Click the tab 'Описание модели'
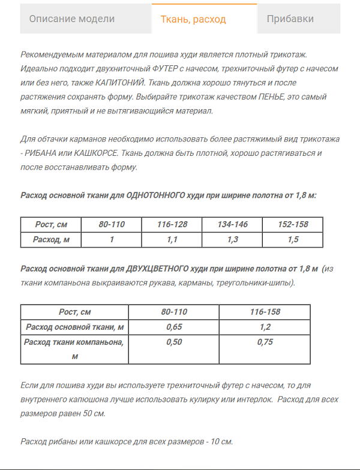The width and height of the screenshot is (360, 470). point(71,19)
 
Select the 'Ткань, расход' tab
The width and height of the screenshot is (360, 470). point(193,19)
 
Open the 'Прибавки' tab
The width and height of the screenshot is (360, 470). point(290,19)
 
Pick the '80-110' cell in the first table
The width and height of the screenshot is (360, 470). point(112,225)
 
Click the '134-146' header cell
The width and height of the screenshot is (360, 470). point(232,225)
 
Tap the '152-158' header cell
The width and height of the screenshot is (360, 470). point(293,225)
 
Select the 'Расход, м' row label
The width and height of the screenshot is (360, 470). point(51,239)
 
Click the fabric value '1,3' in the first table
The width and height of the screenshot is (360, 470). point(232,239)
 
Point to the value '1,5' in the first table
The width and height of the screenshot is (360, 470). point(293,239)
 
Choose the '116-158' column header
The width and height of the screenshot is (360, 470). point(265,312)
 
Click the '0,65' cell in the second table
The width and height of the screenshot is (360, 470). point(174,327)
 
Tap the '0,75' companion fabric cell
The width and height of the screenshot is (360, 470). point(265,342)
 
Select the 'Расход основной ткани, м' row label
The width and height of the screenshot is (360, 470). point(75,327)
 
